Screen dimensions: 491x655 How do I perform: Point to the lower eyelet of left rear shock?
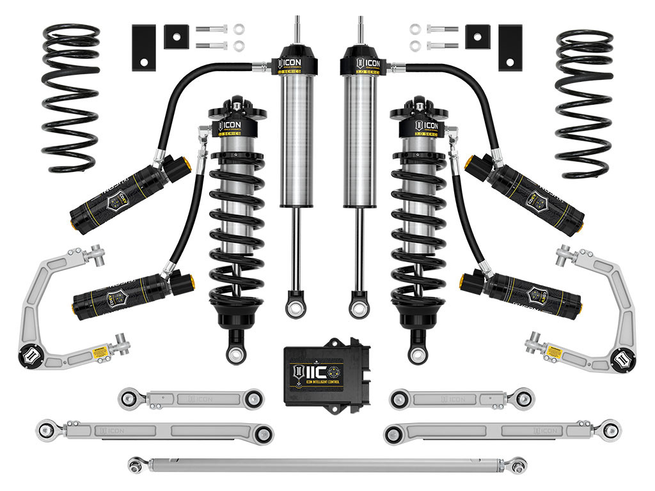(x=296, y=309)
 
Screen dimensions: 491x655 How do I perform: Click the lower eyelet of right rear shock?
(x=358, y=309)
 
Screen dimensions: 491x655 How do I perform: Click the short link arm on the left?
(x=191, y=398)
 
